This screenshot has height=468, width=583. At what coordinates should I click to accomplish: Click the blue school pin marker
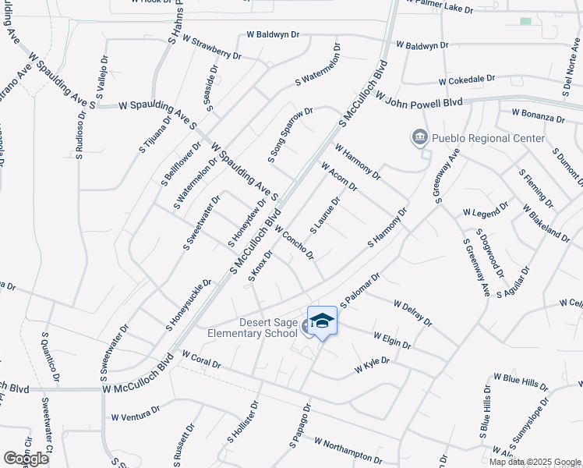(322, 321)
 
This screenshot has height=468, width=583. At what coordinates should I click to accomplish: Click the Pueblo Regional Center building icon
(420, 138)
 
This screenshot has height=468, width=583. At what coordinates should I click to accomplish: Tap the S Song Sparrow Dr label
(290, 135)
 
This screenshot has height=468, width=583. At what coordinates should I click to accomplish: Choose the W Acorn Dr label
(338, 175)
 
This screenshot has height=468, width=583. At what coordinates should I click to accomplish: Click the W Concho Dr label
(294, 243)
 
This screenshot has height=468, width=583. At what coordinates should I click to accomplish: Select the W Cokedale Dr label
(467, 80)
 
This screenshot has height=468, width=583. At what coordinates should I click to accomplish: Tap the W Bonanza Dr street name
(538, 116)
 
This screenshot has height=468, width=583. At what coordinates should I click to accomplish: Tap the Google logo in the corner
(26, 459)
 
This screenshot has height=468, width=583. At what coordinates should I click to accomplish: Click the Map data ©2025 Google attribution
(535, 462)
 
